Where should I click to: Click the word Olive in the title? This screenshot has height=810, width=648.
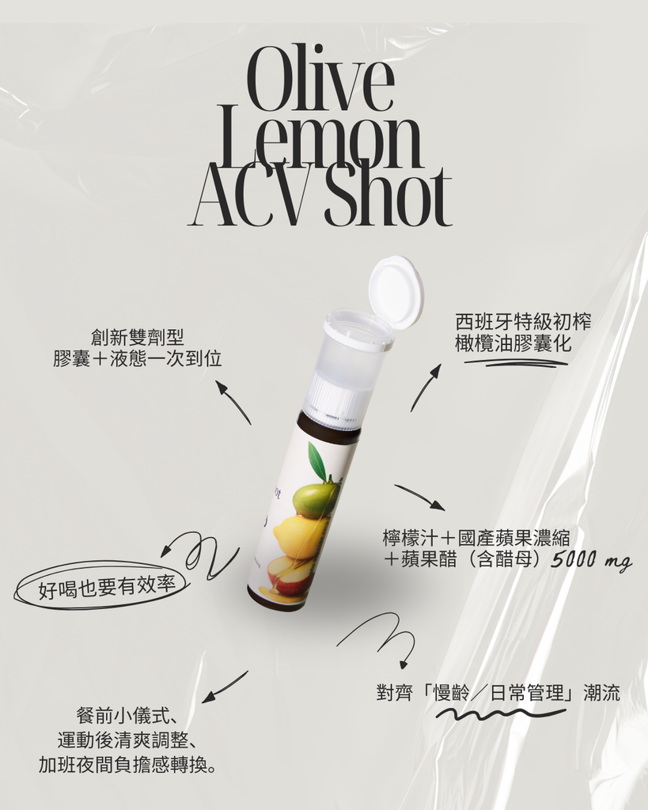[x=321, y=79]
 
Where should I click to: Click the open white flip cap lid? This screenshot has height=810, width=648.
[x=396, y=292]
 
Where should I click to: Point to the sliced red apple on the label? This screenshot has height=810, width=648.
[x=293, y=577]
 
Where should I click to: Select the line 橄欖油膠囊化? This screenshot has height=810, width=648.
[x=513, y=343]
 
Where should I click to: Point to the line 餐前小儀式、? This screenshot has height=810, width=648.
[x=127, y=716]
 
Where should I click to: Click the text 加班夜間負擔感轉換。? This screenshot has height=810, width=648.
[x=128, y=765]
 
